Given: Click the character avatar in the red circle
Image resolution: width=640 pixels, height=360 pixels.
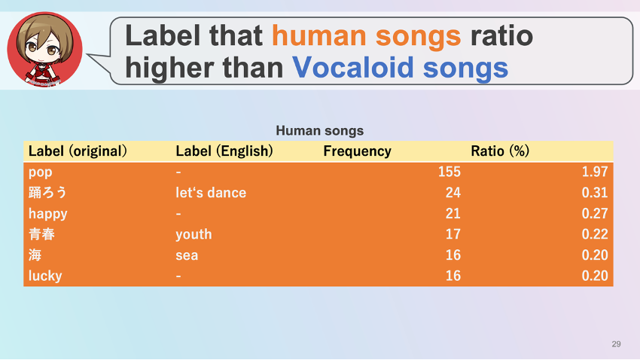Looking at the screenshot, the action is point(45,50).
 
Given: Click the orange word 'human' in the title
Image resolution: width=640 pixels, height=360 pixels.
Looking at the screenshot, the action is point(318,35).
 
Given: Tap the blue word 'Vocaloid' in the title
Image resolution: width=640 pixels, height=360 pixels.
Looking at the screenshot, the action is point(353,67).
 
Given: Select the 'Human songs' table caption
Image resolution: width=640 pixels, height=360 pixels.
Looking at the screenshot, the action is point(319,130).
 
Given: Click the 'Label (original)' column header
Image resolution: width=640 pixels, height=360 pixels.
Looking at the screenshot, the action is point(78,151).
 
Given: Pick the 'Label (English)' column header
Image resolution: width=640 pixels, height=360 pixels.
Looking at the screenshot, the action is point(224,151).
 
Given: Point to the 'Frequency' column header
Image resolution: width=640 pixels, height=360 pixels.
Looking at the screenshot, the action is point(357,151).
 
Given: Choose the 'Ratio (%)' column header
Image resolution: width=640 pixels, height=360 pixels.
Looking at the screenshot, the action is point(500,151).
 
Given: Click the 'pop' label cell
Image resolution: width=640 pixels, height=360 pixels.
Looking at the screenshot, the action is point(41,172).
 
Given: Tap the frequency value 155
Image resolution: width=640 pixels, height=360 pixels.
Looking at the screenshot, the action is point(450,172).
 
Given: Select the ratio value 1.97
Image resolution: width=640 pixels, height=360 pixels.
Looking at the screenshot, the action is point(595,172).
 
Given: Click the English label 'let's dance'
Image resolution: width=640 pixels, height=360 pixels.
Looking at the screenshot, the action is point(211,193).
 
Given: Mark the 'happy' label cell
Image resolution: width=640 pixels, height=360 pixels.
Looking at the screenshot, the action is point(47,214).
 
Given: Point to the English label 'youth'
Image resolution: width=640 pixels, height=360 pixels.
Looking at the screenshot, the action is point(194,234).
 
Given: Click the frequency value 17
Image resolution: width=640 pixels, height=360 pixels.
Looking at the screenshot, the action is point(453,234).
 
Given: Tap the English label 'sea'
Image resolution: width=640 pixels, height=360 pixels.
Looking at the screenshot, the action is point(187,255).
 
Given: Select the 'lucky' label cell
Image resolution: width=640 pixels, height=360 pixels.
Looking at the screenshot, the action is point(45,276).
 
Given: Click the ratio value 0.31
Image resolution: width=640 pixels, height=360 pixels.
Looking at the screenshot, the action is point(595,193).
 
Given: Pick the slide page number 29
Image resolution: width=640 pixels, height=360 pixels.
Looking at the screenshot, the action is point(617,344).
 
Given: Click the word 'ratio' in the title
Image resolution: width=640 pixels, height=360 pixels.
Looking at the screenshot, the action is point(501,35).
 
